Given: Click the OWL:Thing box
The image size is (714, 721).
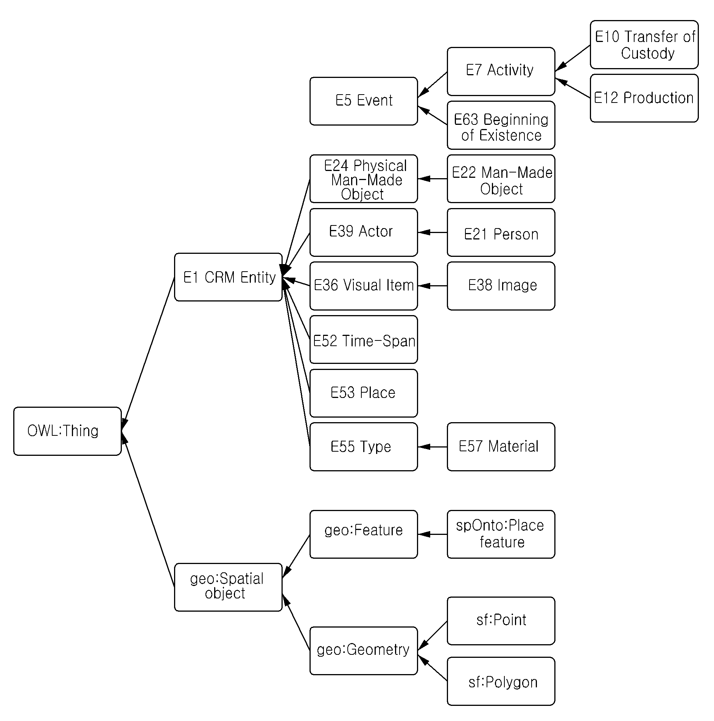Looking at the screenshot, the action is tap(67, 431).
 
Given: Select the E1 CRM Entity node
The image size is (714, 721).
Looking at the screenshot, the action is tap(228, 277).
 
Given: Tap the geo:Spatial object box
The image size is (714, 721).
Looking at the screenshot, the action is tap(228, 587).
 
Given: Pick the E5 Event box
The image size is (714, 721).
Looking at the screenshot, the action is tap(364, 101).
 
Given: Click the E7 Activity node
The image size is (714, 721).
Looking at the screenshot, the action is tap(501, 71).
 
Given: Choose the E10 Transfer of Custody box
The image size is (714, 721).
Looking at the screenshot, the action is tap(644, 45).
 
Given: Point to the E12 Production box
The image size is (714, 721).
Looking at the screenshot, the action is tap(644, 98).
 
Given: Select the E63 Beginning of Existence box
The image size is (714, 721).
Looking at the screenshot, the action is tap(501, 125).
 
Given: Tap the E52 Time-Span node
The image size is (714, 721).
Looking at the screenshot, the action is tap(364, 339).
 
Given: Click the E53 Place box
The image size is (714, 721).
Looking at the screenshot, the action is tap(364, 393).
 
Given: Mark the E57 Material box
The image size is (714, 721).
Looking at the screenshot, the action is tap(501, 447).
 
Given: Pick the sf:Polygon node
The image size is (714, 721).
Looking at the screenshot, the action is tap(501, 681).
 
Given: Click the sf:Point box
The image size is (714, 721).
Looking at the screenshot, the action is tap(501, 621).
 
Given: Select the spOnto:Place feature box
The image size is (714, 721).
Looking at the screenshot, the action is tap(501, 534).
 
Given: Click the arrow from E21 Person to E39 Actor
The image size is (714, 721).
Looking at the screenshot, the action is tap(432, 232).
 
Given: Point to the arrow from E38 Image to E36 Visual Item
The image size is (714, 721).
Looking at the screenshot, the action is tap(432, 286).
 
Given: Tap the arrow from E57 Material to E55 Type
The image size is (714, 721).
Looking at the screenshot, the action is tap(432, 447).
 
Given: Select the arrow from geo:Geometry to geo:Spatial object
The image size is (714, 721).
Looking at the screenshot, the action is tap(296, 622).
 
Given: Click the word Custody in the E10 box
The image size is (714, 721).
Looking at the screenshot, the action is tap(647, 53).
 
